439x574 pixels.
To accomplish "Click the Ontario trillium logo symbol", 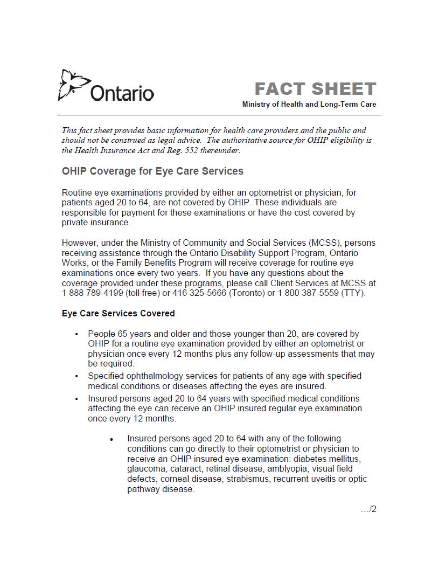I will click(x=72, y=84).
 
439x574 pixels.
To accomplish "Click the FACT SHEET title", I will click(x=315, y=89).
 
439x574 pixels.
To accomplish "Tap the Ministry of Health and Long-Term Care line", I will click(x=309, y=104).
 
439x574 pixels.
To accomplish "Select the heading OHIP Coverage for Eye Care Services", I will click(x=152, y=171).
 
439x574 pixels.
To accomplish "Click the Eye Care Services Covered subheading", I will click(x=118, y=313).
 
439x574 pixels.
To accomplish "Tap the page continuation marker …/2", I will click(x=368, y=509).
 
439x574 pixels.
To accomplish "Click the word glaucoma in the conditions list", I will click(x=147, y=469).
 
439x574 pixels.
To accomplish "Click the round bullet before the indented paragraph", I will click(x=112, y=440).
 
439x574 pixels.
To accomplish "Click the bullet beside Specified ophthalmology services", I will click(x=77, y=376).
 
